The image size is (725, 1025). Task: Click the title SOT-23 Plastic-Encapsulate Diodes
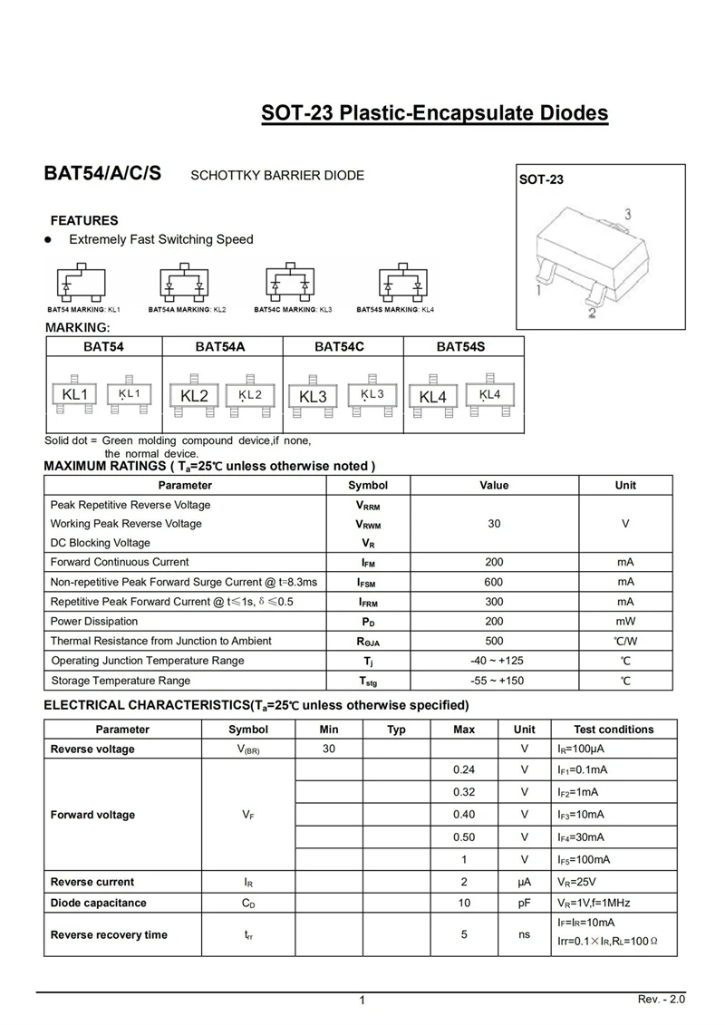(x=434, y=113)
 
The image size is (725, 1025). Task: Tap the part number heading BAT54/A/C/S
(x=102, y=174)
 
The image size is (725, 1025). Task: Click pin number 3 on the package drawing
(x=627, y=215)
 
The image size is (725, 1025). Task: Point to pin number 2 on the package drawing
(x=591, y=314)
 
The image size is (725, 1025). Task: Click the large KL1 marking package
(x=74, y=394)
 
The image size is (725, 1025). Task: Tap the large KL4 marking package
(x=433, y=397)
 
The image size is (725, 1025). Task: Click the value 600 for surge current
(x=494, y=582)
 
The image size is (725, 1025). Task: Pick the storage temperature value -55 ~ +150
(x=494, y=681)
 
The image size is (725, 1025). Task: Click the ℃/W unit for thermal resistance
(x=625, y=642)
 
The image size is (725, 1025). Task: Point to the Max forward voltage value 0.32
(x=464, y=791)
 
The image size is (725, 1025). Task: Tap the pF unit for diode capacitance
(x=524, y=903)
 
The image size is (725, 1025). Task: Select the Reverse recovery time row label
(x=109, y=934)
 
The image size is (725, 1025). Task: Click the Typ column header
(x=396, y=730)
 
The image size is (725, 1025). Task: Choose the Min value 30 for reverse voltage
(x=329, y=749)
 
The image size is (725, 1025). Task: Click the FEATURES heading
(x=84, y=220)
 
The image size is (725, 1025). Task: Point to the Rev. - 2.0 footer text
(x=662, y=999)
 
